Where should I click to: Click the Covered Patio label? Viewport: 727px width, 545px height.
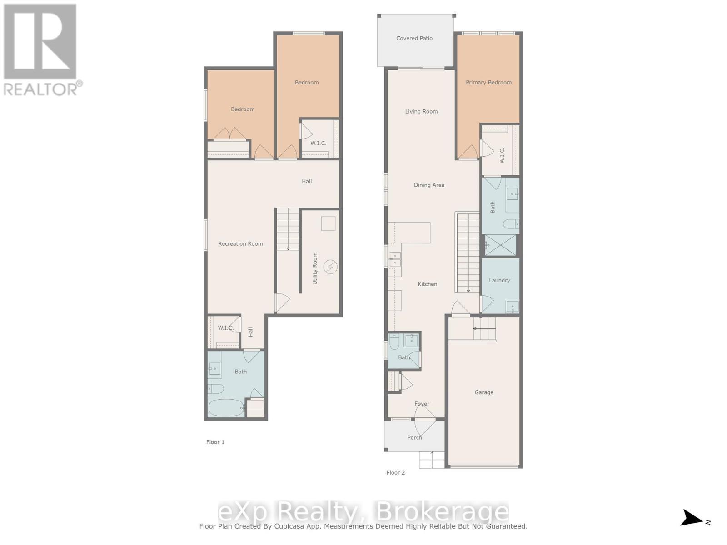pyautogui.click(x=414, y=39)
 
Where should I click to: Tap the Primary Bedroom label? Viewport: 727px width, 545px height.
pyautogui.click(x=488, y=83)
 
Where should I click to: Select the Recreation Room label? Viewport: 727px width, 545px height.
pyautogui.click(x=240, y=244)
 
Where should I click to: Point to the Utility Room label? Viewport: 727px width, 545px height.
pyautogui.click(x=315, y=268)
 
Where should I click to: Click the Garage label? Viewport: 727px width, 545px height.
pyautogui.click(x=484, y=392)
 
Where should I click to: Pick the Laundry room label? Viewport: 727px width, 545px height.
pyautogui.click(x=499, y=281)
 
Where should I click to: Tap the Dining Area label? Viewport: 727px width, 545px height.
pyautogui.click(x=429, y=185)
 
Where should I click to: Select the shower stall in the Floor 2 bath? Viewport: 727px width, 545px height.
pyautogui.click(x=501, y=245)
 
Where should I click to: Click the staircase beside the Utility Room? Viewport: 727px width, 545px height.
pyautogui.click(x=288, y=229)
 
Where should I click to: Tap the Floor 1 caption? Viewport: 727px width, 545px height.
pyautogui.click(x=215, y=442)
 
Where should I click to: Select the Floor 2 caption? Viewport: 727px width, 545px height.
pyautogui.click(x=395, y=473)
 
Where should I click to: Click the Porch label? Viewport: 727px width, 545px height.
pyautogui.click(x=414, y=438)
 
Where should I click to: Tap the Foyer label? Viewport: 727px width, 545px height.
pyautogui.click(x=422, y=404)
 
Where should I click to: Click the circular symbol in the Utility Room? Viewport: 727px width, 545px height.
pyautogui.click(x=330, y=267)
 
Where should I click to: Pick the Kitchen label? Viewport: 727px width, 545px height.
pyautogui.click(x=428, y=284)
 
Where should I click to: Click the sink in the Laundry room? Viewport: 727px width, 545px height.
pyautogui.click(x=512, y=307)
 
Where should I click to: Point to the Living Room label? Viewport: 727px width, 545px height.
pyautogui.click(x=421, y=112)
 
